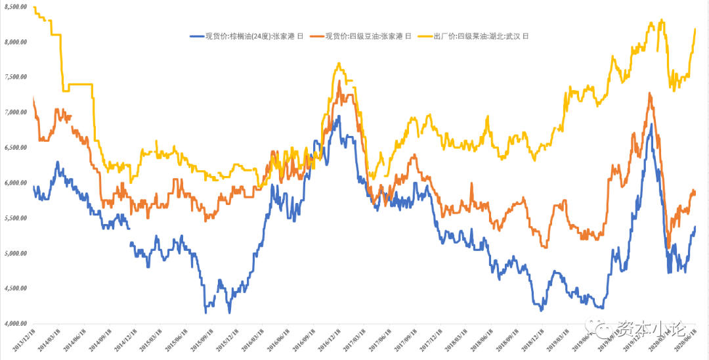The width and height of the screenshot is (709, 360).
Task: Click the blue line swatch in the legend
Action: point(196,36)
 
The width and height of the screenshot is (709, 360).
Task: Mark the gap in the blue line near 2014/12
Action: point(129,235)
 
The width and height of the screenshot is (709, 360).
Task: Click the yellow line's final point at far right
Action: point(695,29)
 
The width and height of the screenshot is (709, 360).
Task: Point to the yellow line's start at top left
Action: point(33,7)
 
